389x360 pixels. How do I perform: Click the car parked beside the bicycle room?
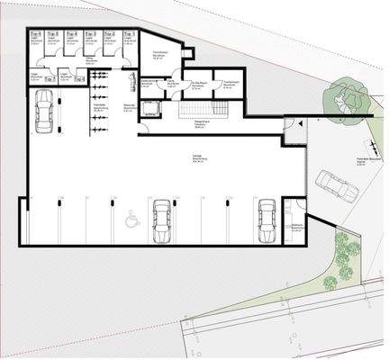pos(43,113)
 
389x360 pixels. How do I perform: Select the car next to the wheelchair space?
pos(160,220)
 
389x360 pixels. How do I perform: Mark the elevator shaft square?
pos(150,108)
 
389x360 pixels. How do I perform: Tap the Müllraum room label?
pos(297,226)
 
